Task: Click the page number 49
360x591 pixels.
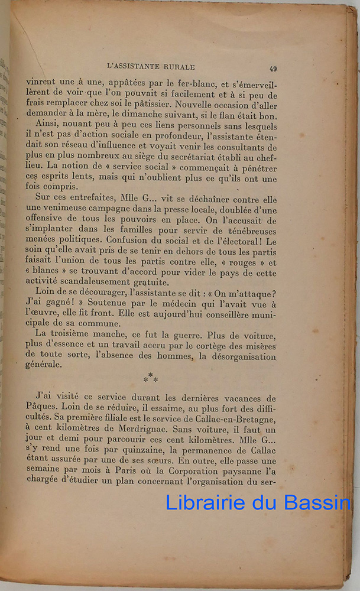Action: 272,69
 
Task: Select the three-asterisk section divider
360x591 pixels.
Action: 150,378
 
